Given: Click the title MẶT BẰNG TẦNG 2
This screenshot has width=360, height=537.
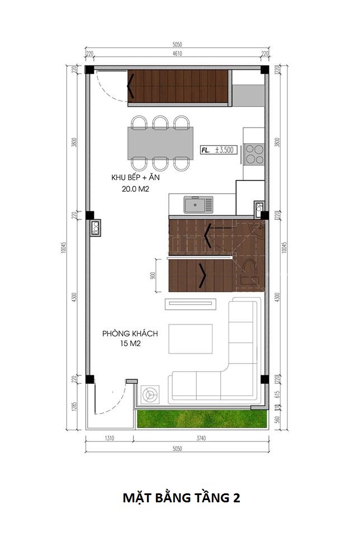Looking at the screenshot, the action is (181, 498).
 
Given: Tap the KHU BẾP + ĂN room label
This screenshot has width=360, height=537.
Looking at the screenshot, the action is (135, 177).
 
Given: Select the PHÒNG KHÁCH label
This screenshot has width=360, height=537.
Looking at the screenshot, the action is (130, 333).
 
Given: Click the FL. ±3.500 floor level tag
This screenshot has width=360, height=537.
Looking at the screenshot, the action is (219, 150).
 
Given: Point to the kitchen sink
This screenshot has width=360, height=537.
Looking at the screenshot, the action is (198, 205).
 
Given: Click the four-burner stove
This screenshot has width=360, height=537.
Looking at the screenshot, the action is (255, 154).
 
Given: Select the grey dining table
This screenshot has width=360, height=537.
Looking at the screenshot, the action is (160, 143).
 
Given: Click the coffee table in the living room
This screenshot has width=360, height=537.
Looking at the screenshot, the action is (190, 339).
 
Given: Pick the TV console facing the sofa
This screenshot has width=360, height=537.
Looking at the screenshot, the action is (190, 304).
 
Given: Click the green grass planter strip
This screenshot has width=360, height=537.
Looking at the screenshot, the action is (202, 418).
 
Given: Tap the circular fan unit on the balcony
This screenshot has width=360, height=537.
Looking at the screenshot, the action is (150, 394).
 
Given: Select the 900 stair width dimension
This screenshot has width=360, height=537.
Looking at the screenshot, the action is (153, 275).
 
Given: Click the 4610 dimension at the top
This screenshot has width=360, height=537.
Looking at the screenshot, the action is (177, 54).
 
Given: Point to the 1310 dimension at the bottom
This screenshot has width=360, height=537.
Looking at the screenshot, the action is (109, 438).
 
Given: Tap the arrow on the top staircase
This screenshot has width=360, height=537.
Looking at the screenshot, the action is (130, 86).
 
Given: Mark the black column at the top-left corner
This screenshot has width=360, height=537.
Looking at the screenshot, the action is (89, 69).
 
